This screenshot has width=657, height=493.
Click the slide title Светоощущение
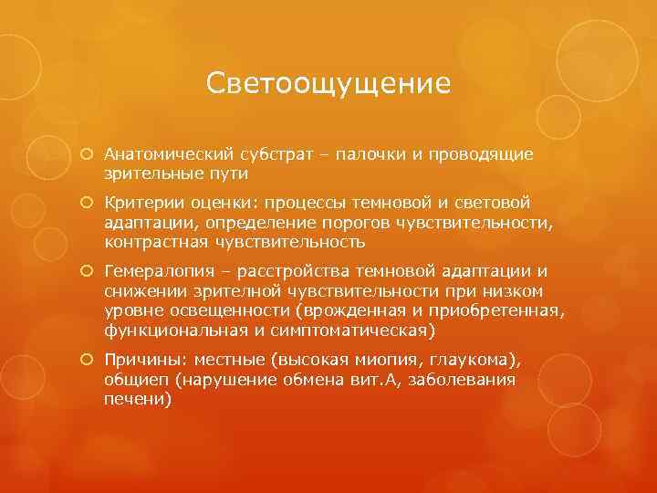click(x=328, y=84)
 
